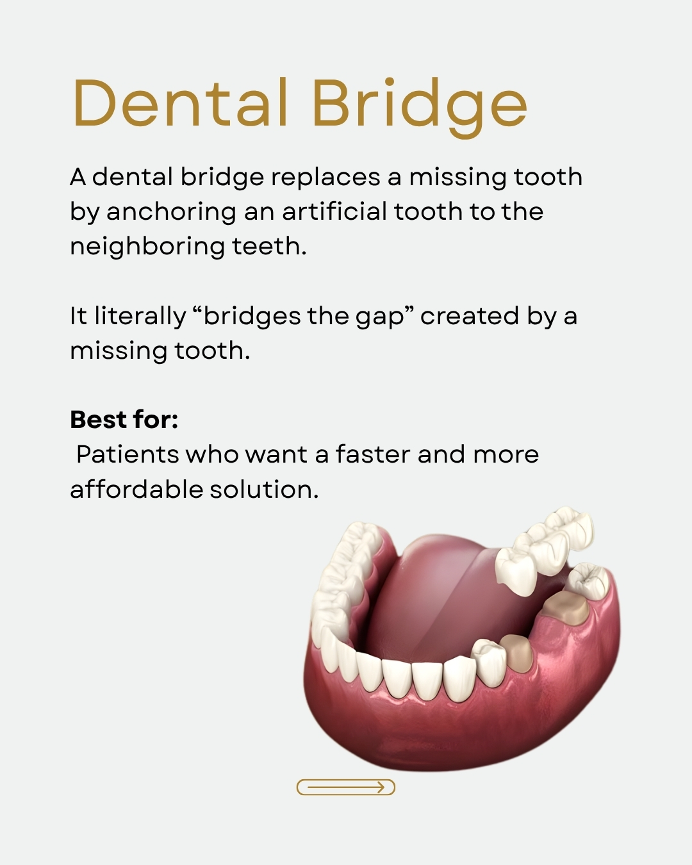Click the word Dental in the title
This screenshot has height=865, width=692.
pyautogui.click(x=180, y=103)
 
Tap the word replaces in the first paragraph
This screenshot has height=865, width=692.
pyautogui.click(x=325, y=177)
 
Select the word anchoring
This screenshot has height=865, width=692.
pyautogui.click(x=171, y=213)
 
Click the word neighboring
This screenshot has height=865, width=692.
pyautogui.click(x=147, y=247)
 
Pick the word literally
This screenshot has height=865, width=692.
pyautogui.click(x=140, y=317)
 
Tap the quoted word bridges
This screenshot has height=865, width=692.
pyautogui.click(x=252, y=317)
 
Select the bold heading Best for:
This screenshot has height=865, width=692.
pyautogui.click(x=124, y=420)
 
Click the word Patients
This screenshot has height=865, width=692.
pyautogui.click(x=128, y=455)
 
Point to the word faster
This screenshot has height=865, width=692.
pyautogui.click(x=373, y=454)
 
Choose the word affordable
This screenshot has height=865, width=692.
pyautogui.click(x=136, y=489)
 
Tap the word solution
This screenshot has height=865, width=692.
pyautogui.click(x=264, y=489)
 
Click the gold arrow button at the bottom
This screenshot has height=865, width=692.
pyautogui.click(x=346, y=787)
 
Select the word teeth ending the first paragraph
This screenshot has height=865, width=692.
pyautogui.click(x=269, y=247)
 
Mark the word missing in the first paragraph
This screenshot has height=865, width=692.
pyautogui.click(x=458, y=178)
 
